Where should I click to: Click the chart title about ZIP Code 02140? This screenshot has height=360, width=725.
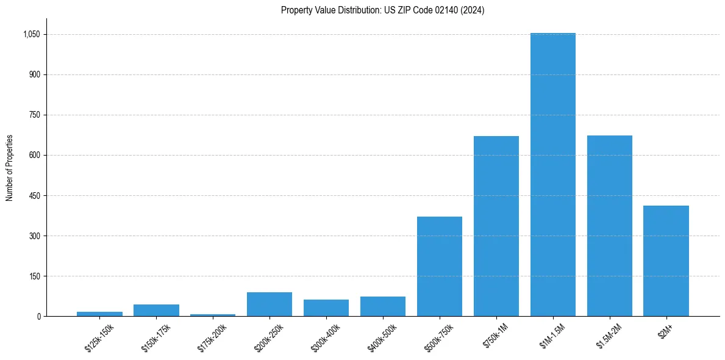click(x=382, y=10)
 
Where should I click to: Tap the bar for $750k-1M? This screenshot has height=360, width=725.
click(x=496, y=226)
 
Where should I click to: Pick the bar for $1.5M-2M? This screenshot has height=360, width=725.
click(x=609, y=226)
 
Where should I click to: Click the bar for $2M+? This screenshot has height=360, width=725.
click(x=666, y=261)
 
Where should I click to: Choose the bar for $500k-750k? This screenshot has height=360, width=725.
click(x=439, y=266)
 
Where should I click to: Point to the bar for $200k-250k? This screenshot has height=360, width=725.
click(x=269, y=304)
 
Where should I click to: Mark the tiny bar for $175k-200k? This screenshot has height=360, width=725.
click(x=212, y=315)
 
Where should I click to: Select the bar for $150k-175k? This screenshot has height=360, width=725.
click(x=156, y=310)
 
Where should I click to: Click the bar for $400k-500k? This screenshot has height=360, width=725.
click(x=382, y=306)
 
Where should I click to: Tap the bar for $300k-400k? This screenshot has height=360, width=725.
click(x=326, y=308)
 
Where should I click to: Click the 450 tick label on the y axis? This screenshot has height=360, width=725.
click(x=34, y=196)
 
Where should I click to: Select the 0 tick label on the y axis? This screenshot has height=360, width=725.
click(x=38, y=317)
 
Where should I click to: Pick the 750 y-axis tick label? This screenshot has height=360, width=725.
click(x=34, y=115)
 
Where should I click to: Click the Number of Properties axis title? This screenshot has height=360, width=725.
click(x=10, y=168)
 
